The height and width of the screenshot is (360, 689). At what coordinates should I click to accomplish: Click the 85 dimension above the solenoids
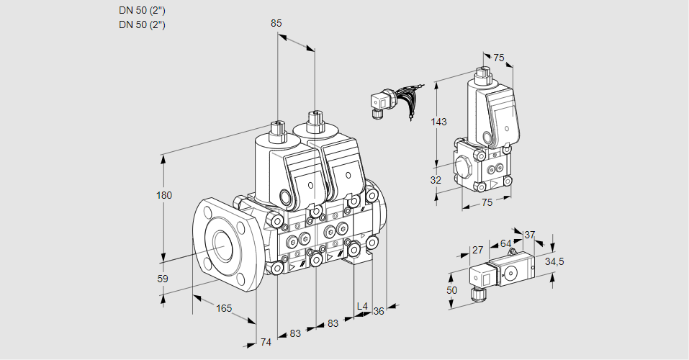tap(276, 23)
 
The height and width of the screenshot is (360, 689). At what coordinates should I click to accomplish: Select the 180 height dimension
tap(165, 196)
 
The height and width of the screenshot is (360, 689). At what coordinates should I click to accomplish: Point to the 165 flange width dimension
tap(224, 309)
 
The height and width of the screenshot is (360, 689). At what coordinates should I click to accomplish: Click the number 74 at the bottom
tap(266, 342)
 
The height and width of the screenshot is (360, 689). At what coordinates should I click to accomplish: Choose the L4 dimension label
tap(362, 307)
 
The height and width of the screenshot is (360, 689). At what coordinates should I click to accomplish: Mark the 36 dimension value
tap(379, 311)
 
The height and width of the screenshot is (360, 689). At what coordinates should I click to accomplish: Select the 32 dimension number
tap(436, 180)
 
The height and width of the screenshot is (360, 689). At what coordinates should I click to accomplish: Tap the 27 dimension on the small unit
tap(477, 251)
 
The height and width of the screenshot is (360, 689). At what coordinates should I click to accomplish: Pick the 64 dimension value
tap(505, 244)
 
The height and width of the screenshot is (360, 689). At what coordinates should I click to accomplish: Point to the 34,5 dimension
tap(554, 261)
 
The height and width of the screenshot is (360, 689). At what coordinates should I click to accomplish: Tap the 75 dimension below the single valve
tap(487, 203)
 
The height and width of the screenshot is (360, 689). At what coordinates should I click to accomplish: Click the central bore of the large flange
tap(220, 246)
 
